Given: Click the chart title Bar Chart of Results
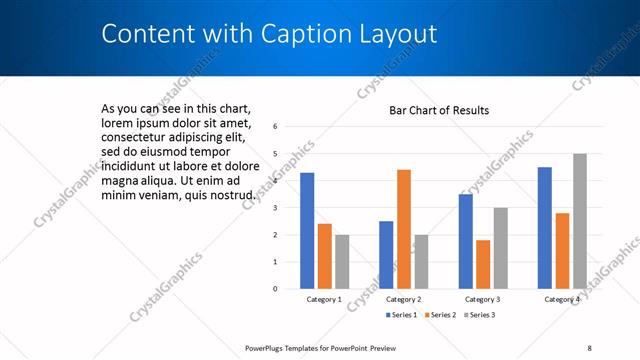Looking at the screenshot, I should tap(439, 110).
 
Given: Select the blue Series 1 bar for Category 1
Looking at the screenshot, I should tap(307, 231).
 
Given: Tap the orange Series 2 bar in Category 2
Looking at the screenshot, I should tap(403, 229).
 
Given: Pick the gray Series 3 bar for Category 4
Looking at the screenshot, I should tap(580, 221).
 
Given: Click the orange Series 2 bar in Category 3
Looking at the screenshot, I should tap(483, 264).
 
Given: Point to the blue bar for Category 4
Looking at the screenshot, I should tap(545, 228).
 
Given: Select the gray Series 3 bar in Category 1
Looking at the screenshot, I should tap(342, 262).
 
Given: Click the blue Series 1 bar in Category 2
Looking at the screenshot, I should tap(386, 255).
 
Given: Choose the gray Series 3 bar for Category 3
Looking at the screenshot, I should tap(501, 248).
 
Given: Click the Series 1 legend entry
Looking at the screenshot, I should tap(403, 315).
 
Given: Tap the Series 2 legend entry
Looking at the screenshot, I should tap(441, 315).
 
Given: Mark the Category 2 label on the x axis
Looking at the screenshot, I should tap(403, 299).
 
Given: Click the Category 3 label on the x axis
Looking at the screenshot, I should tap(483, 299).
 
